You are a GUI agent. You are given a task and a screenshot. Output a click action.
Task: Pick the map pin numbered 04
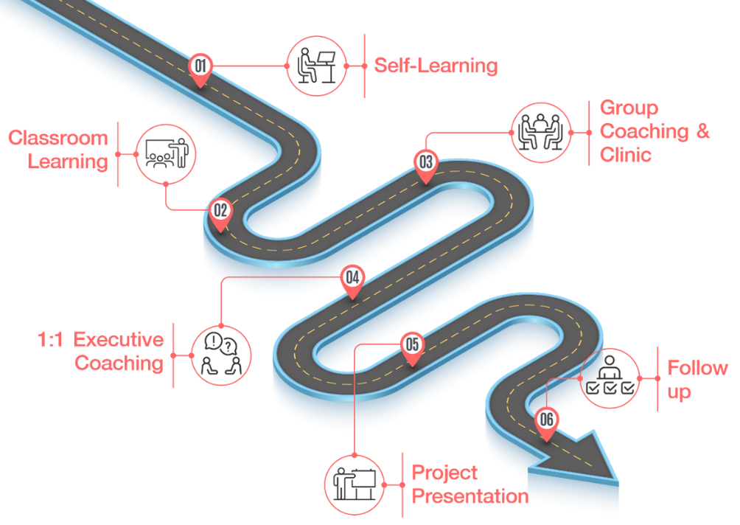[x=353, y=279]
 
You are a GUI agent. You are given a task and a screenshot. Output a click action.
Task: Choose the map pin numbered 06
[x=546, y=421]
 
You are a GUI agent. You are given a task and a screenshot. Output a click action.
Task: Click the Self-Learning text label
[x=435, y=66]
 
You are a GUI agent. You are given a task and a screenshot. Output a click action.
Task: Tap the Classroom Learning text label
[x=58, y=150]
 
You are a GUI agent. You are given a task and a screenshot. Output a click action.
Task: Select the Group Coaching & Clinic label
[x=655, y=131]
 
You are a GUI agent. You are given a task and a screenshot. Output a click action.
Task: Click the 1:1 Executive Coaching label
[x=101, y=352]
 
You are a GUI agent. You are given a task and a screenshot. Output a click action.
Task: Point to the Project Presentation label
[x=469, y=484]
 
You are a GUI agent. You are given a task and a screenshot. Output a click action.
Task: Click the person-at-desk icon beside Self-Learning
[x=315, y=66]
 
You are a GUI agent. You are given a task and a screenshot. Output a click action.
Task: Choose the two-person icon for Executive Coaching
[x=221, y=355]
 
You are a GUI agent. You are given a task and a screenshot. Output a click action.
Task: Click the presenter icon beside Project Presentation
[x=355, y=484]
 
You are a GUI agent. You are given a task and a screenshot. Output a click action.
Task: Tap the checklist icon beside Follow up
[x=610, y=377]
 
